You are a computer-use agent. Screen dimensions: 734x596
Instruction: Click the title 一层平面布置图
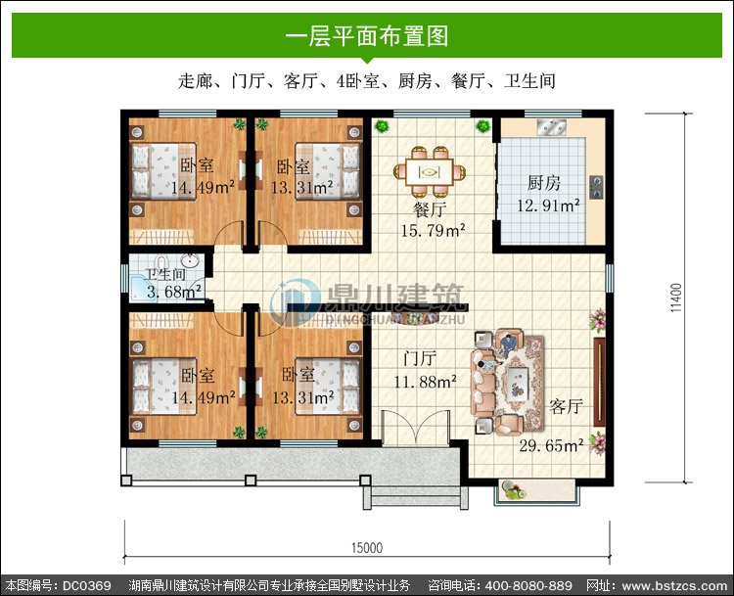pos(367,36)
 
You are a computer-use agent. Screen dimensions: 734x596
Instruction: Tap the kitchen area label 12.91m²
pos(548,206)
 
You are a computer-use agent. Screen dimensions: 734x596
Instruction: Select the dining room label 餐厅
pos(430,209)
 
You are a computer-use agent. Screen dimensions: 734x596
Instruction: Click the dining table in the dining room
pos(430,172)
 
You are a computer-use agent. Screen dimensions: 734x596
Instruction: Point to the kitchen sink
pos(551,127)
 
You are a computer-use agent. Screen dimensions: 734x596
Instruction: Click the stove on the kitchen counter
pos(596,187)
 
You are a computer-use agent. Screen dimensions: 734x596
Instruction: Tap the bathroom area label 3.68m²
pos(174,292)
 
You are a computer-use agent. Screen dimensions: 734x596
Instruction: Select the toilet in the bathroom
pos(161,263)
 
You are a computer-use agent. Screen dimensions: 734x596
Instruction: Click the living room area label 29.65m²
pos(551,445)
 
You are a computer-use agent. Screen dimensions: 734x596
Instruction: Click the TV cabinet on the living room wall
pos(599,382)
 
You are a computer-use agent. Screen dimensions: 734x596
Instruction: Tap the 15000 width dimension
pos(367,547)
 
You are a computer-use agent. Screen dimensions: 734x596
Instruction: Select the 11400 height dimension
pos(676,298)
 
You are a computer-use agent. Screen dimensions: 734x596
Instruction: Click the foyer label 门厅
pos(420,358)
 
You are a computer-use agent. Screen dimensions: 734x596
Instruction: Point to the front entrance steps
pos(415,497)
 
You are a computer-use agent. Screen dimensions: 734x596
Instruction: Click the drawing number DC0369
pos(86,585)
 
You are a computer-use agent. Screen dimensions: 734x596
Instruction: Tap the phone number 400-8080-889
pos(528,585)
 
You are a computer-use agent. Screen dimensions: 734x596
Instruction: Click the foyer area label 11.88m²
pos(425,382)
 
